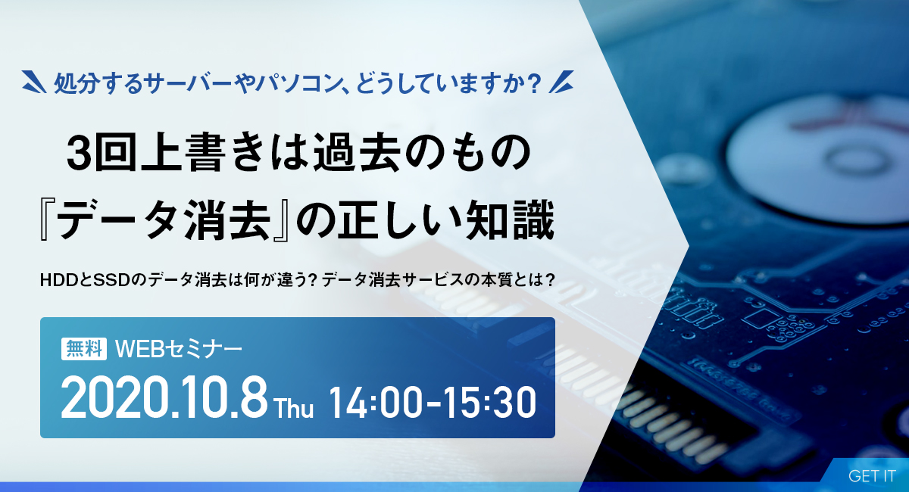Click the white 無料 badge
(x=84, y=349)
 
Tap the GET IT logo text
(x=872, y=476)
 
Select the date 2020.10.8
(x=164, y=398)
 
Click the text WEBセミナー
(x=179, y=349)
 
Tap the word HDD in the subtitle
(x=59, y=280)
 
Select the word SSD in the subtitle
(x=112, y=280)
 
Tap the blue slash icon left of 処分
(x=34, y=82)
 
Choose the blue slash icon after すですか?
(x=561, y=82)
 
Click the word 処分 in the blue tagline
(x=77, y=83)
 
